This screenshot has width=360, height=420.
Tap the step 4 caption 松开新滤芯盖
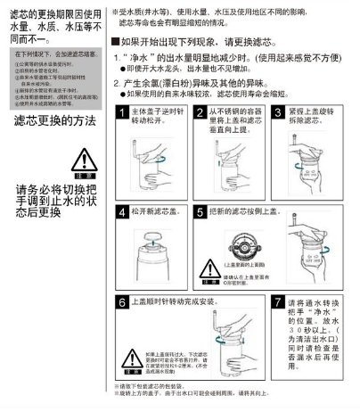click(157, 213)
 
